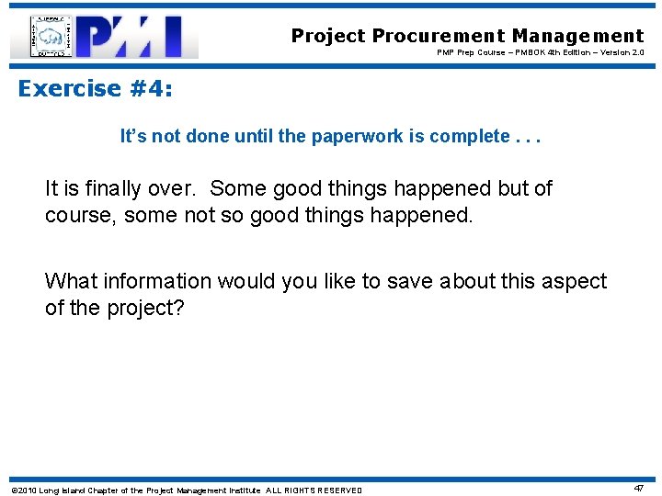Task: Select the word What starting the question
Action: click(x=70, y=281)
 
